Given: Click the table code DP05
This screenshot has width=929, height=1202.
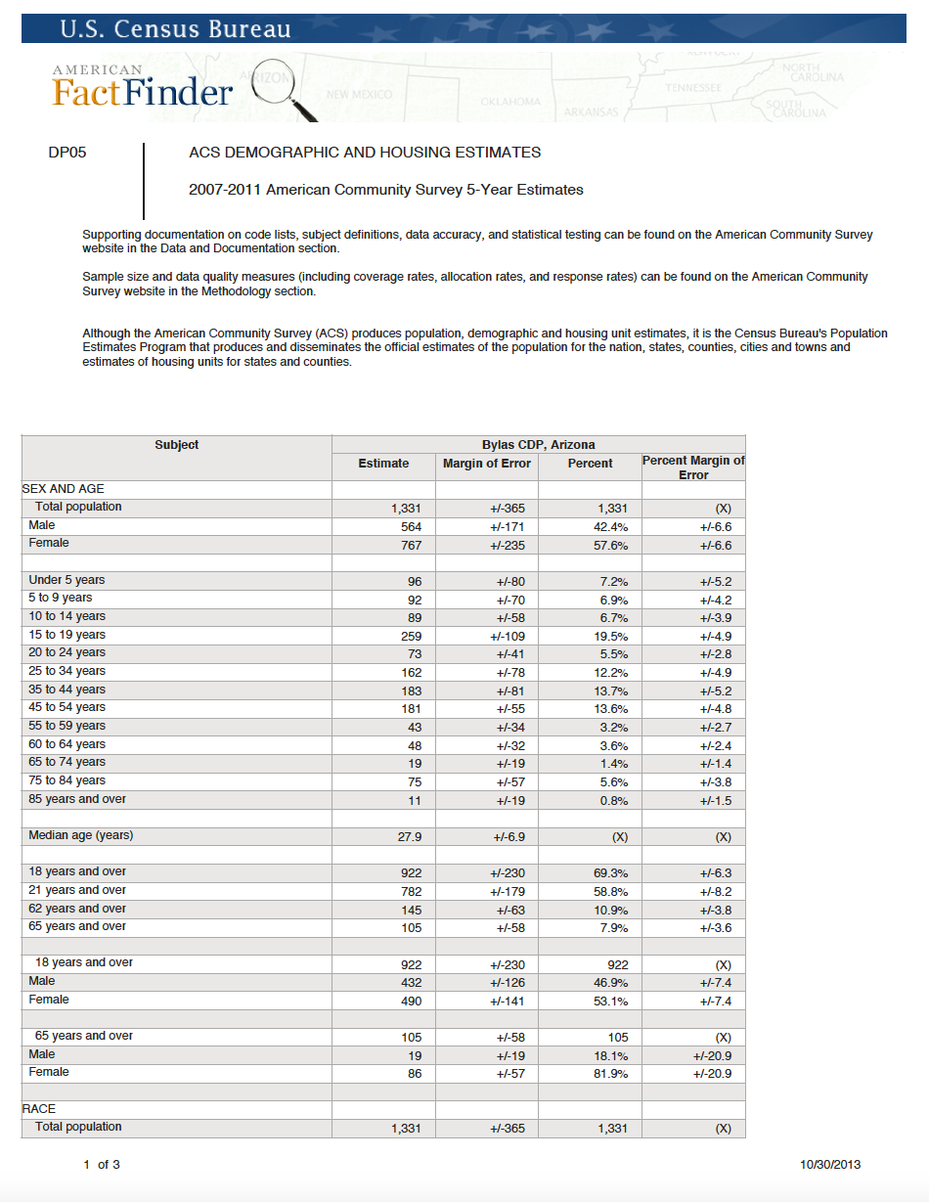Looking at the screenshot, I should pyautogui.click(x=67, y=153).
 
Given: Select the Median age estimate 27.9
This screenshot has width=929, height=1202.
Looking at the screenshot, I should pyautogui.click(x=408, y=837).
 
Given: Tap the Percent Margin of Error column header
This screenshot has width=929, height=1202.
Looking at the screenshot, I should pyautogui.click(x=692, y=467).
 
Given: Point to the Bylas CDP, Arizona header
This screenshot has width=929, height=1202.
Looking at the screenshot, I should pyautogui.click(x=538, y=445).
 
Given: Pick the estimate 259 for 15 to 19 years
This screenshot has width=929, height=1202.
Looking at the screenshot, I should pyautogui.click(x=411, y=636).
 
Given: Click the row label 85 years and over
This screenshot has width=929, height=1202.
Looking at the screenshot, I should pyautogui.click(x=77, y=799).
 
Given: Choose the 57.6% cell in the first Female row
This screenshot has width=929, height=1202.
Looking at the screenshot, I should pyautogui.click(x=611, y=546).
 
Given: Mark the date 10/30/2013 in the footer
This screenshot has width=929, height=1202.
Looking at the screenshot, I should pyautogui.click(x=830, y=1164).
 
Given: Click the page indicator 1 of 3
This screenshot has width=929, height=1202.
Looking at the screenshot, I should pyautogui.click(x=102, y=1164).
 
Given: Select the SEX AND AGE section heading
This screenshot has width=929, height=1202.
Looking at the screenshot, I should pyautogui.click(x=63, y=488).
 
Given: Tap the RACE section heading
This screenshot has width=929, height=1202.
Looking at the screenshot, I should pyautogui.click(x=39, y=1109).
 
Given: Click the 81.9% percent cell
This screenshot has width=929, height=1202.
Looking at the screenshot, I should pyautogui.click(x=611, y=1074).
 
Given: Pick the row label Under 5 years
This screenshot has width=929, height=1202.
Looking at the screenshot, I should pyautogui.click(x=66, y=580).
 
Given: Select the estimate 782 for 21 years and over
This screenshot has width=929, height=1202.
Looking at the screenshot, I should pyautogui.click(x=411, y=891).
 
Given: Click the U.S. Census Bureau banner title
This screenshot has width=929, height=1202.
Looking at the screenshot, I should pyautogui.click(x=176, y=28).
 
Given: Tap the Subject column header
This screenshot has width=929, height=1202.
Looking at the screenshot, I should pyautogui.click(x=176, y=445).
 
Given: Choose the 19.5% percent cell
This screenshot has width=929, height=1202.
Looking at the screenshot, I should pyautogui.click(x=611, y=636).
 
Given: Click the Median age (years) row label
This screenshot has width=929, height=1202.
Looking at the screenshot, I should pyautogui.click(x=81, y=835).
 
